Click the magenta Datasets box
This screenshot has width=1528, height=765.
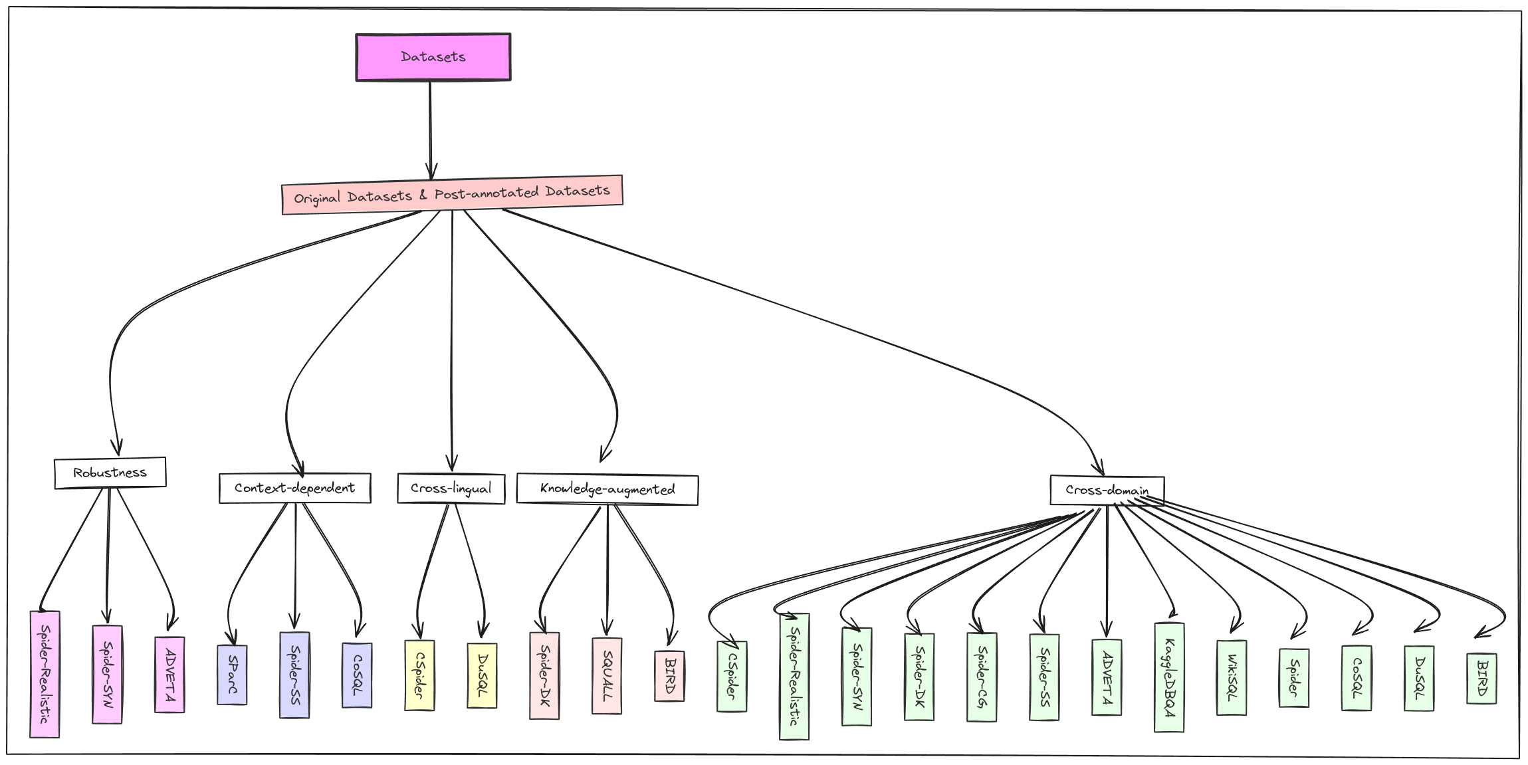(433, 57)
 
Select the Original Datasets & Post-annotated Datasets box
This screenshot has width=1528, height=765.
(452, 194)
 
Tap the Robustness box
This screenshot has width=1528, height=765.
(110, 473)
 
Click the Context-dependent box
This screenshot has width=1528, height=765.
(295, 488)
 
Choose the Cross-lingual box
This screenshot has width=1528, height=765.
(451, 489)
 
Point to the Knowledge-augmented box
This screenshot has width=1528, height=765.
(607, 489)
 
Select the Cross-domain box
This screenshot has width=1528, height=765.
(1107, 490)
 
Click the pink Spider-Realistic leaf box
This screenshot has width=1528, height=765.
(45, 674)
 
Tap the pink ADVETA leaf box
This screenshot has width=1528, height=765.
(170, 675)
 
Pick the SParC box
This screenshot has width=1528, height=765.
(233, 675)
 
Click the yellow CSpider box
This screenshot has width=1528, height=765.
(420, 675)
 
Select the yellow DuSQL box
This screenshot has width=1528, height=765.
(483, 675)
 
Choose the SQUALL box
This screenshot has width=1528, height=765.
(607, 675)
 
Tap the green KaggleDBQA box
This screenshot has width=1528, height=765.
(1170, 677)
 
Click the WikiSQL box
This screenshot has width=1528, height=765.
(1232, 677)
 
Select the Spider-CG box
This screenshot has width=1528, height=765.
(982, 677)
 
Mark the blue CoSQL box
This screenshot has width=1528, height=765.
(358, 675)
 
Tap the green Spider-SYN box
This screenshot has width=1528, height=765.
(857, 677)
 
